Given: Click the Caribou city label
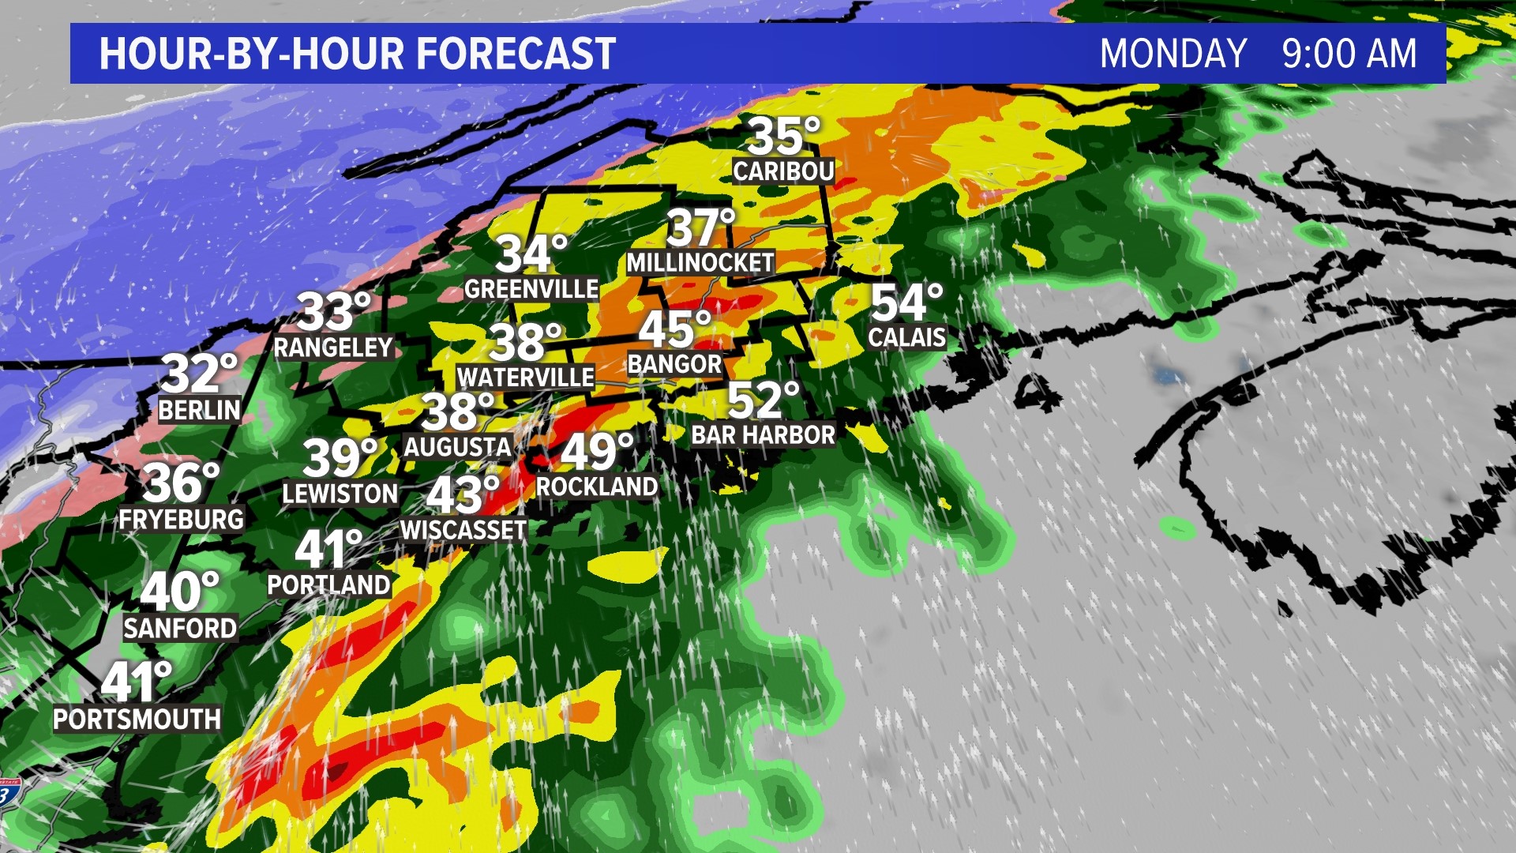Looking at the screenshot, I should (782, 171).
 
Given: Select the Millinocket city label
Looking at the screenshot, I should (700, 262).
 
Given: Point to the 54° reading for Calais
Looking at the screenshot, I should (906, 303).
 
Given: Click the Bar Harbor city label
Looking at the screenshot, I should (763, 435).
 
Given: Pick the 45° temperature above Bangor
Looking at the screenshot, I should (674, 330).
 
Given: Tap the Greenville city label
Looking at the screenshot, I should (531, 290).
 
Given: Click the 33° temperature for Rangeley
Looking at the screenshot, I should (333, 312).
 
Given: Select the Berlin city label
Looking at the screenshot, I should (199, 411).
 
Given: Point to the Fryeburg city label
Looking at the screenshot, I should (181, 519).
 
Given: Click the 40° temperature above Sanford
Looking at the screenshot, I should (179, 592).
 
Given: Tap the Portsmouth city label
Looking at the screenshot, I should (137, 720).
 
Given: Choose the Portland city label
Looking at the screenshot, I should (328, 585).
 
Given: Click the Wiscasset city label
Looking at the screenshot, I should (463, 530).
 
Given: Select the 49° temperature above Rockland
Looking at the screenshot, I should (596, 452).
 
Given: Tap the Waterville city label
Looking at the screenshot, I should (525, 378).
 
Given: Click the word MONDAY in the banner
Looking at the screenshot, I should (1173, 54).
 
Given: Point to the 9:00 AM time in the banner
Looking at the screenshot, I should (1349, 54).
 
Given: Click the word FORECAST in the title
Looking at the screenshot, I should (516, 54).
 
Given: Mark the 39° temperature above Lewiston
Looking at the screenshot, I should (340, 458).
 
